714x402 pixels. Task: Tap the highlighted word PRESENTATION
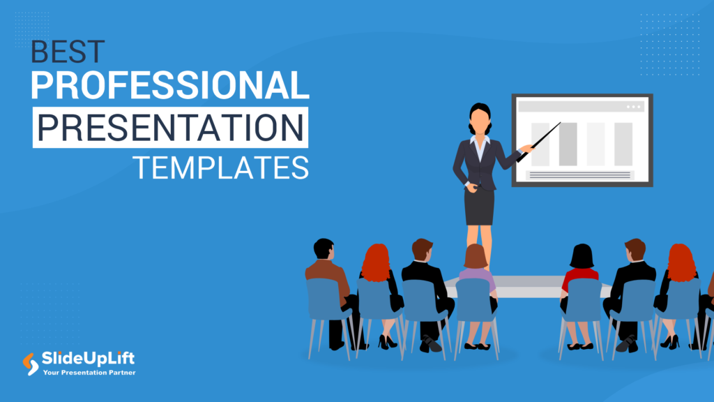[169, 128]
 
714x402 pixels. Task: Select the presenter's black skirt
[480, 207]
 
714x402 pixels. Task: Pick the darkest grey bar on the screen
[568, 144]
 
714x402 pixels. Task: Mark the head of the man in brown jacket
[324, 248]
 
